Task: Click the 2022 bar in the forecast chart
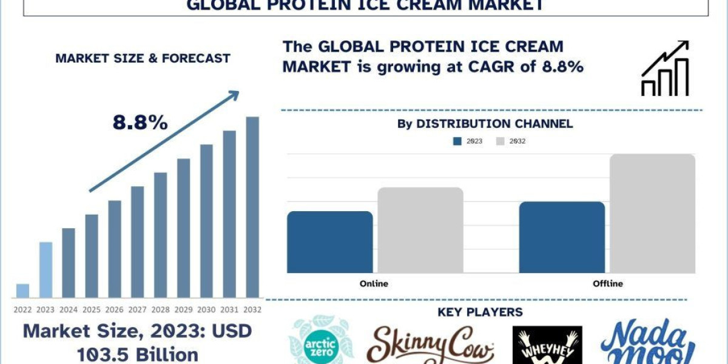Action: tap(22, 291)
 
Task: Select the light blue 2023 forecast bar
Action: tap(45, 270)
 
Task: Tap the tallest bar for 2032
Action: tap(252, 206)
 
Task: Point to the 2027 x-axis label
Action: tap(138, 309)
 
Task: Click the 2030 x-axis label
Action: tap(207, 309)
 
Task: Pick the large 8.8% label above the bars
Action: tap(140, 123)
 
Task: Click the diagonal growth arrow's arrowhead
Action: tap(233, 96)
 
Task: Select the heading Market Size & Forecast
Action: tap(143, 59)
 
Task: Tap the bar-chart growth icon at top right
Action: tap(665, 68)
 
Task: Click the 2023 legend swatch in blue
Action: tap(457, 141)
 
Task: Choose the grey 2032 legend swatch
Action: tap(501, 141)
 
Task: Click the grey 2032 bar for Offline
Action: tap(652, 213)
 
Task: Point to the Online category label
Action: tap(374, 283)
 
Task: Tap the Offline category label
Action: tap(607, 283)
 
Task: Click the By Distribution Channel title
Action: tap(485, 124)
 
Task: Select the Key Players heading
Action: tap(480, 312)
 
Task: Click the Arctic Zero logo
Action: tap(313, 341)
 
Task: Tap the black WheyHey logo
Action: tap(547, 346)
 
